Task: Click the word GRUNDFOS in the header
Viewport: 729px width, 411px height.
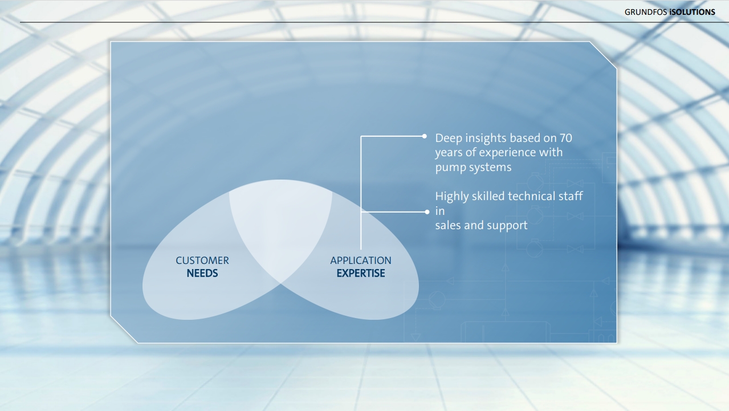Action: pyautogui.click(x=646, y=12)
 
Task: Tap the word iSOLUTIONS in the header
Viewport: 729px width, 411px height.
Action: pyautogui.click(x=692, y=12)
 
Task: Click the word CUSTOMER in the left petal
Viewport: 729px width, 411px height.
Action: pyautogui.click(x=202, y=261)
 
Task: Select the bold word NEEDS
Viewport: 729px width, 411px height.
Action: pyautogui.click(x=202, y=273)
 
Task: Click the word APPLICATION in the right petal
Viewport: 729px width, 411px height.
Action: pyautogui.click(x=361, y=261)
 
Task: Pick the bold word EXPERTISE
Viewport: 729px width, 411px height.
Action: pyautogui.click(x=361, y=273)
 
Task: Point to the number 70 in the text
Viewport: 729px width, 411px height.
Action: pyautogui.click(x=565, y=138)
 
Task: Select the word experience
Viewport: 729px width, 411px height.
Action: pyautogui.click(x=507, y=153)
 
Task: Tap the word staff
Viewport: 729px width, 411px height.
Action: pyautogui.click(x=571, y=196)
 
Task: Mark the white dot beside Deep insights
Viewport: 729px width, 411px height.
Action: pyautogui.click(x=425, y=136)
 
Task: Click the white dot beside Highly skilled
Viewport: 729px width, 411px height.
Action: pyautogui.click(x=427, y=212)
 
